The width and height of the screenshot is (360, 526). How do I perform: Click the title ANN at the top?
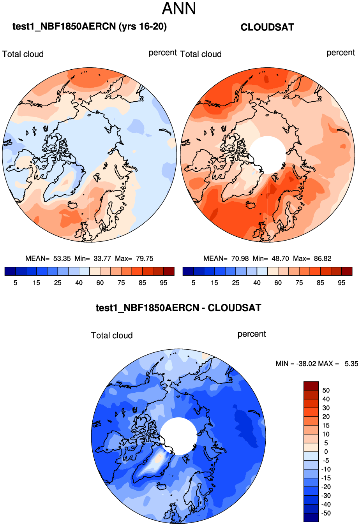[x=179, y=9]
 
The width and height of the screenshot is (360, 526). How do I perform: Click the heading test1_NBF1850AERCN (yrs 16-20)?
[x=90, y=26]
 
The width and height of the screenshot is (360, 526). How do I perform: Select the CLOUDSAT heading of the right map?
[x=267, y=27]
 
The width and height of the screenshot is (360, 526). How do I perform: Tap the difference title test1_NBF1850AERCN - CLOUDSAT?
[x=178, y=308]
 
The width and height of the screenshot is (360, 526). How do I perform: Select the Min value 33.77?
[x=102, y=259]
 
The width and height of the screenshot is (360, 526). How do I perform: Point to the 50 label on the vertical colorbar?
[x=326, y=391]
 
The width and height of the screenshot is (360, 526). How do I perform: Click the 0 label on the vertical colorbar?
[x=326, y=452]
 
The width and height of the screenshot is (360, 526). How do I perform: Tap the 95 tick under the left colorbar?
[x=164, y=283]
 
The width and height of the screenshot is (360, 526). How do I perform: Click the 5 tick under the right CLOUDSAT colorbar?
[x=193, y=283]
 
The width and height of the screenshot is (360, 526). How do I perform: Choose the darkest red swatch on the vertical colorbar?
[x=311, y=386]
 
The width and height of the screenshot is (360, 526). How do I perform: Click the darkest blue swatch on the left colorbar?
[x=10, y=271]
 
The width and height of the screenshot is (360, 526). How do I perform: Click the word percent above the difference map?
[x=252, y=334]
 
